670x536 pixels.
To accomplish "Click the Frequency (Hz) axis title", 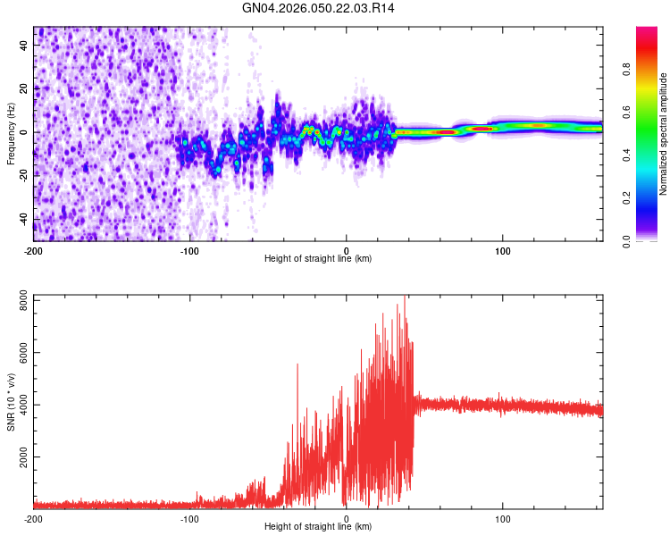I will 11,134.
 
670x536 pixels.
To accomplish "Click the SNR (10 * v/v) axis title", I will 11,402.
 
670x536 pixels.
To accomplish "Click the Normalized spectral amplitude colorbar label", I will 663,134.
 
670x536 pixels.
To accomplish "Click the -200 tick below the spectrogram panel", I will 33,250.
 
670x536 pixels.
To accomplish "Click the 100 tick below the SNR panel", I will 502,518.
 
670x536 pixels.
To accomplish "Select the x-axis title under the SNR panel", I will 318,527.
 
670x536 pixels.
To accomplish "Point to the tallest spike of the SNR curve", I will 405,298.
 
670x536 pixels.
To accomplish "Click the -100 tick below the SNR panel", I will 189,518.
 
